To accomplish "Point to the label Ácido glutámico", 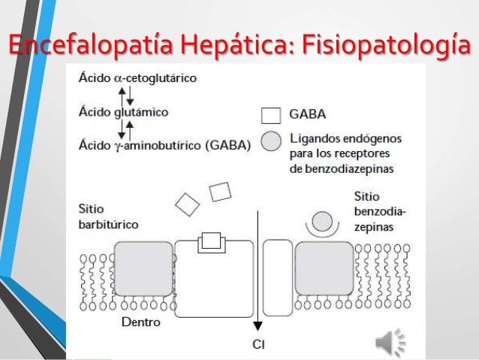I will tap(124, 112).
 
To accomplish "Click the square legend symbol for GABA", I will tap(272, 116).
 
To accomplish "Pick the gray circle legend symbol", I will tap(273, 141).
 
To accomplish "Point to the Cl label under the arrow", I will tap(258, 345).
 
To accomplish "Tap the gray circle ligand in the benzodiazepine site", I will tap(322, 221).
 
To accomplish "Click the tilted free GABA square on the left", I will tap(188, 203).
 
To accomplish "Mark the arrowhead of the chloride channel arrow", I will tap(258, 325).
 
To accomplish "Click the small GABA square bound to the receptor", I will tap(211, 241).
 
